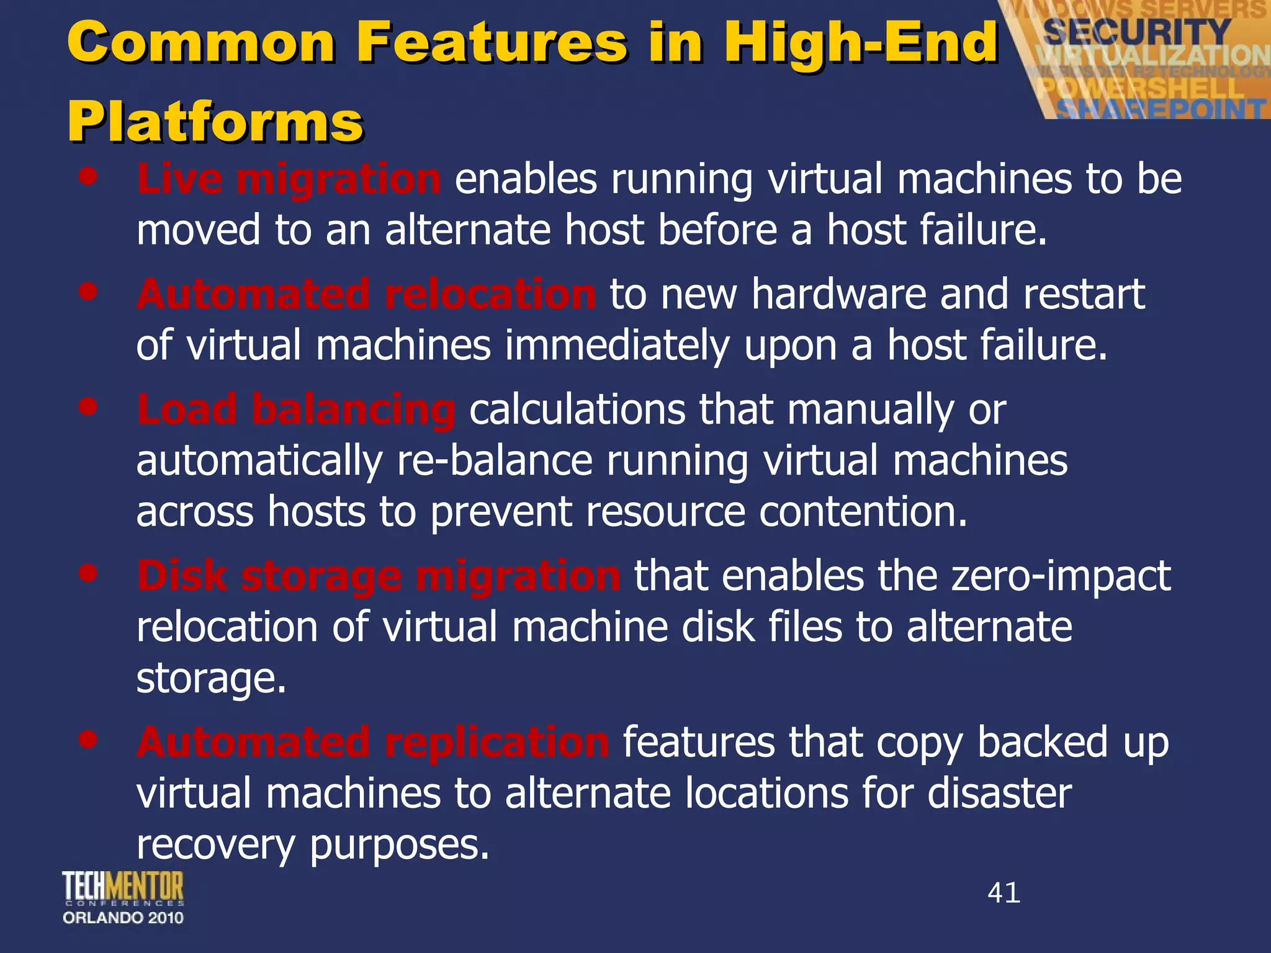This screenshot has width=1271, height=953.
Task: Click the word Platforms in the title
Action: (x=215, y=122)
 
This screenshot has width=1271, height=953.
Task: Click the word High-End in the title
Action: (x=861, y=42)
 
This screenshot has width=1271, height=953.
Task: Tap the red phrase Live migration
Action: (x=289, y=179)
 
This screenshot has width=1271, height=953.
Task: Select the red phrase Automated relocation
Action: (x=366, y=293)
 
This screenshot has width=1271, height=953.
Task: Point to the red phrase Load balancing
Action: (x=296, y=409)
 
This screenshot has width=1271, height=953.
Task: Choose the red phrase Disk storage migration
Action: (x=378, y=576)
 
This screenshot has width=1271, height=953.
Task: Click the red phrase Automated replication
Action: (x=372, y=742)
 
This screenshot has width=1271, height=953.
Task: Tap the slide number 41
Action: (x=1004, y=893)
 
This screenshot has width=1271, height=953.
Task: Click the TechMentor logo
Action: (x=123, y=887)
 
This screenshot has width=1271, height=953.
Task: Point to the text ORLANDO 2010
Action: (x=123, y=918)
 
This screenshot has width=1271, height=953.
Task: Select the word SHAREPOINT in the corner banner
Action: (x=1161, y=109)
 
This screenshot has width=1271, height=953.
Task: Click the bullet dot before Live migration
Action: (x=89, y=176)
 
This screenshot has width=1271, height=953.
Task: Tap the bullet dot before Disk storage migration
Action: (x=89, y=573)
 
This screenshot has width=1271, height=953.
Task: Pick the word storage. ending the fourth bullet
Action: (x=211, y=678)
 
